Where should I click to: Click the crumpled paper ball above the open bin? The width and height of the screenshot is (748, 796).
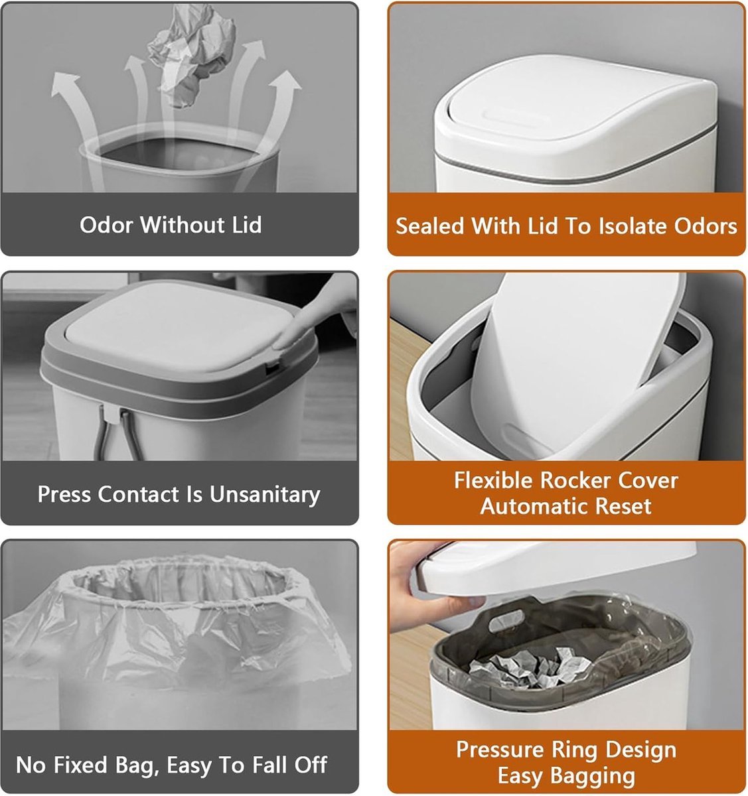pyautogui.click(x=191, y=55)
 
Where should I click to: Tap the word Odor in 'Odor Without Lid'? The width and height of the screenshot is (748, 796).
pyautogui.click(x=106, y=224)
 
